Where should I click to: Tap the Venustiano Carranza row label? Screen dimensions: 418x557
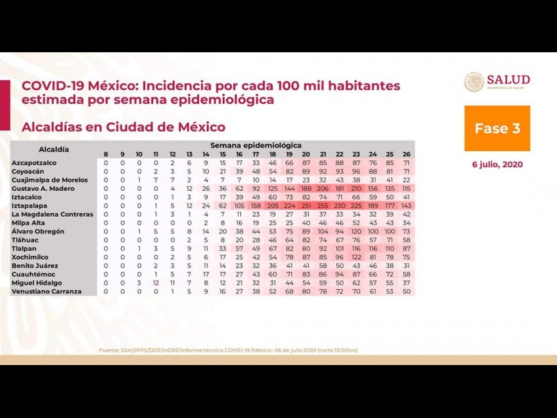[x=46, y=291]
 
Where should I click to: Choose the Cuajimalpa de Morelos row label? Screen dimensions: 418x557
[x=49, y=180]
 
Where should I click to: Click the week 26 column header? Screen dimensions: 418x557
[x=407, y=154]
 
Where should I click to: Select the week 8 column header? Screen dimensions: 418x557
[x=106, y=154]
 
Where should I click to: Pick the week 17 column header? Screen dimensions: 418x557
[x=256, y=154]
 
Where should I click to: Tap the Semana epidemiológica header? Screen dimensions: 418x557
[x=256, y=145]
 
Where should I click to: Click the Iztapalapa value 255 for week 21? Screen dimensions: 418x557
[x=323, y=206]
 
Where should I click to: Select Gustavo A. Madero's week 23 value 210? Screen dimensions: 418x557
[x=356, y=188]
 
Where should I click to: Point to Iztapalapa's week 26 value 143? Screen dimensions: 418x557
[x=407, y=206]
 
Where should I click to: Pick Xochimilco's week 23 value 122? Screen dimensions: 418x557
[x=356, y=257]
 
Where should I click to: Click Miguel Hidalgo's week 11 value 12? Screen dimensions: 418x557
[x=156, y=283]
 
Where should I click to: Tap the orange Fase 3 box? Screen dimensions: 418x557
[x=497, y=128]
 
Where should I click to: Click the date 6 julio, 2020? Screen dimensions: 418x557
[x=497, y=164]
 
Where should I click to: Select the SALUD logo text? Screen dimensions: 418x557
[x=508, y=80]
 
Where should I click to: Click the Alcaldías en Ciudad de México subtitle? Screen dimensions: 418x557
[x=123, y=127]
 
